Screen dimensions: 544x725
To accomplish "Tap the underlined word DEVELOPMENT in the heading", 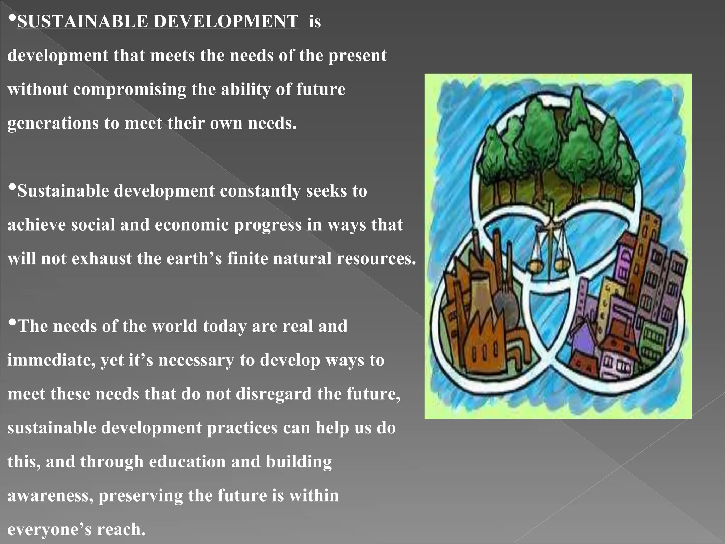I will coord(226,21).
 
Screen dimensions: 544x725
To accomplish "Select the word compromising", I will coord(130,89).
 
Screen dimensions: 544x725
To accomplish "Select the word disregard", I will coord(274,394).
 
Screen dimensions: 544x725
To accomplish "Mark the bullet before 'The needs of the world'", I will coord(12,323).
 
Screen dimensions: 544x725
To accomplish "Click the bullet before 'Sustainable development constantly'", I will coord(12,187).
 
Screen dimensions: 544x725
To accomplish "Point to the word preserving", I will coord(141,496).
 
